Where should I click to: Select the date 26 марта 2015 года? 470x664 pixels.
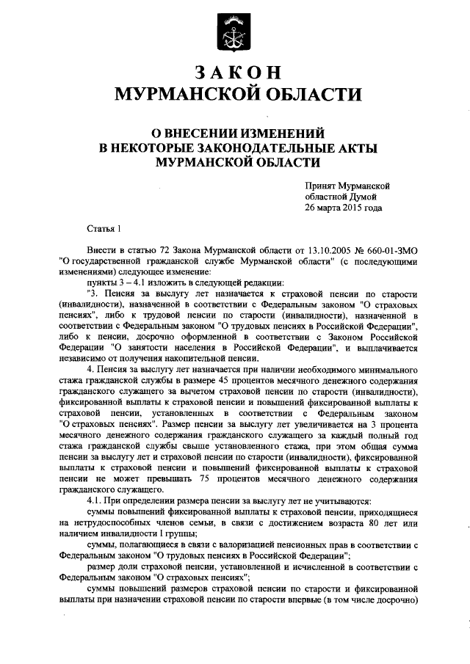[344, 208]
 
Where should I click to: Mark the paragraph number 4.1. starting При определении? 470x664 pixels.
[97, 501]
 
